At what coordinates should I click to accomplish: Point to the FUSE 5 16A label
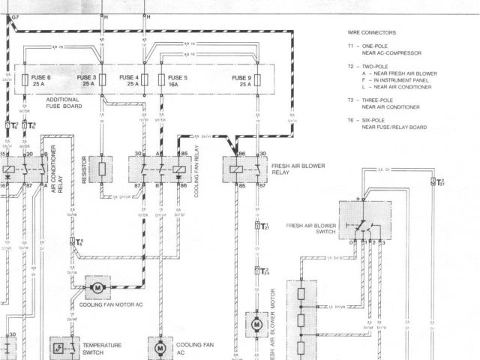pyautogui.click(x=178, y=80)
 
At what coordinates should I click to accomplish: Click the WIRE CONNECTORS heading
pyautogui.click(x=372, y=34)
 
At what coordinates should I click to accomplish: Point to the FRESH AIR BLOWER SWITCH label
pyautogui.click(x=310, y=227)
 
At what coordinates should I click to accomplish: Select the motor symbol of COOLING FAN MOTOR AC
pyautogui.click(x=97, y=286)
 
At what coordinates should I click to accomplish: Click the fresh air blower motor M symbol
pyautogui.click(x=256, y=325)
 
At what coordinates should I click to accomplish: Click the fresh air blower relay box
pyautogui.click(x=245, y=169)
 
